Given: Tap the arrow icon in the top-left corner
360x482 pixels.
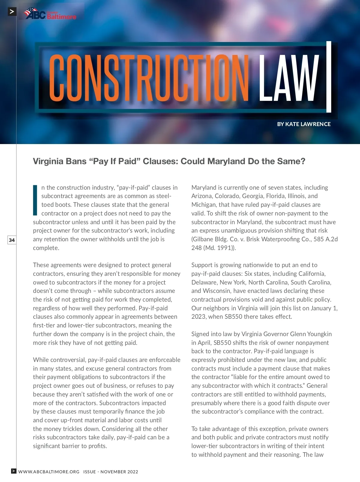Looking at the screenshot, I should click(12, 12).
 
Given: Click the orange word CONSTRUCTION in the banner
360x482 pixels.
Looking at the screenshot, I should click(148, 78).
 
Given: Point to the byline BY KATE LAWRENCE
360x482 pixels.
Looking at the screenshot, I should click(304, 124).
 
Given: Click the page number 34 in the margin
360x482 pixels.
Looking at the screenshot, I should click(12, 240).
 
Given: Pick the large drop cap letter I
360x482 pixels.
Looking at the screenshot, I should click(35, 200).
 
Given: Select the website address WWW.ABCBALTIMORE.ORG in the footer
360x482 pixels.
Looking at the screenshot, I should click(49, 471).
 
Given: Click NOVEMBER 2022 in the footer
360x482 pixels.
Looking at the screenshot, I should click(119, 471).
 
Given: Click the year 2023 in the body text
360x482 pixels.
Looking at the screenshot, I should click(199, 317).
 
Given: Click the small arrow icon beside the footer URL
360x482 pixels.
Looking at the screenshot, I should click(14, 471).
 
